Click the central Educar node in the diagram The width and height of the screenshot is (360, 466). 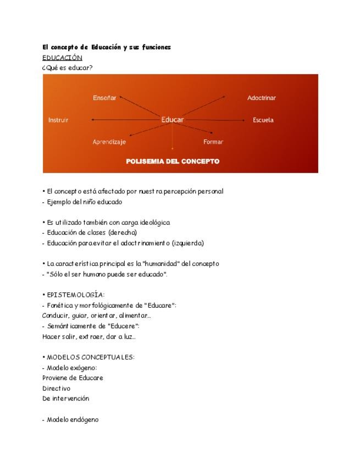[172, 119]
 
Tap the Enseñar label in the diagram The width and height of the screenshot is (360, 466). [104, 98]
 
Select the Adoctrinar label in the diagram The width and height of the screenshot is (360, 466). [262, 98]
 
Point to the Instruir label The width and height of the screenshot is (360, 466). [58, 120]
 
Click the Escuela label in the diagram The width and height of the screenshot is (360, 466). [263, 120]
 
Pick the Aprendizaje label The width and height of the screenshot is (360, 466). [109, 142]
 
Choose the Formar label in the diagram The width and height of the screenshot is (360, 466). [213, 142]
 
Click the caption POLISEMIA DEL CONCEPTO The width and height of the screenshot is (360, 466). [173, 162]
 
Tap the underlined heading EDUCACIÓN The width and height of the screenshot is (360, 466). [62, 58]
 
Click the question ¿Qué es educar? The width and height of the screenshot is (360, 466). [67, 68]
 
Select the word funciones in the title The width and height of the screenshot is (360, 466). [156, 47]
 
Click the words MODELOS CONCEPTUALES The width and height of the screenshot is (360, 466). [91, 357]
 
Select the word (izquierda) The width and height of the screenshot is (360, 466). [187, 243]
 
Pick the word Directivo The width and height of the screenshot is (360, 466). [56, 389]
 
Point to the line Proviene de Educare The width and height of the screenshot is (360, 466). [73, 378]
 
